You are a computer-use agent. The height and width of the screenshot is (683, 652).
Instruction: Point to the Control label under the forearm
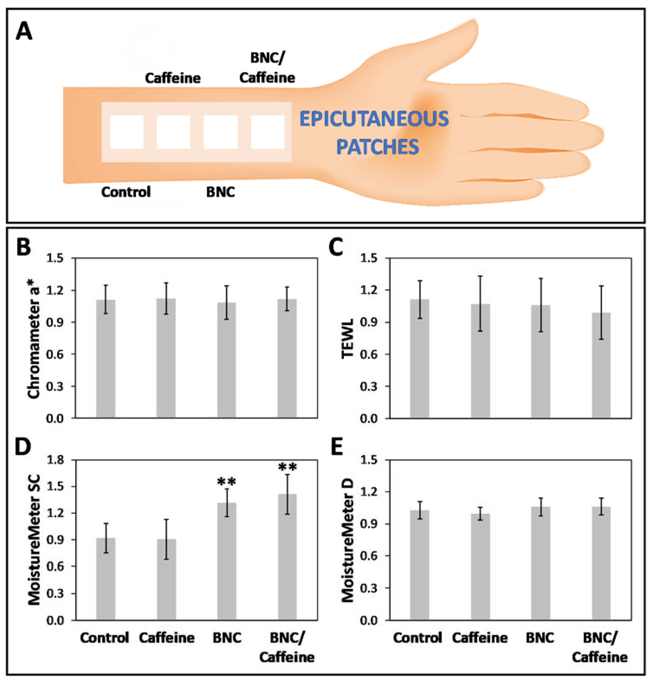pyautogui.click(x=126, y=192)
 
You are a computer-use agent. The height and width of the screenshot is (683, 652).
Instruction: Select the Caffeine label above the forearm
pyautogui.click(x=173, y=78)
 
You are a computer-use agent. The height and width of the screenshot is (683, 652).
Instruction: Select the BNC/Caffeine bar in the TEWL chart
pyautogui.click(x=601, y=365)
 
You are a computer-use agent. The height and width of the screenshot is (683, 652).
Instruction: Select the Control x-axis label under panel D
pyautogui.click(x=104, y=638)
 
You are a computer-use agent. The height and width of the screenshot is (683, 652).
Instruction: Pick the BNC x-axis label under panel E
pyautogui.click(x=540, y=638)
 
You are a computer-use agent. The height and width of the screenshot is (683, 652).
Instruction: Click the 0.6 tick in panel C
pyautogui.click(x=369, y=354)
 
